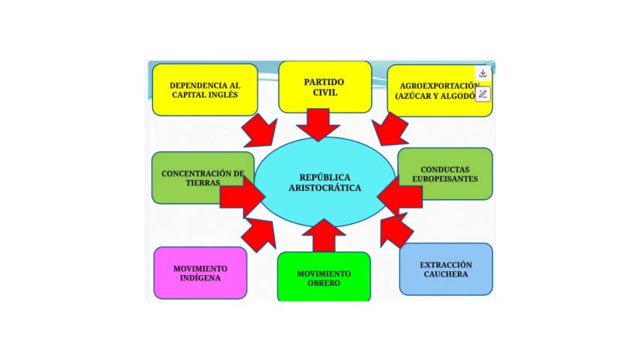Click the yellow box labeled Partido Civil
325,86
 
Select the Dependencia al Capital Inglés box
204,90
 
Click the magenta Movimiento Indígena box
200,273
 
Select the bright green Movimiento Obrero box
324,277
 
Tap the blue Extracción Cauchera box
446,269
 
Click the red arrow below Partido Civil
317,124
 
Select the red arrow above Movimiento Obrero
324,235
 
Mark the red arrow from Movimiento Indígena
259,232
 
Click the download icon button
482,73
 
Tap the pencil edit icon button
482,94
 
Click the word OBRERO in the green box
324,283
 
